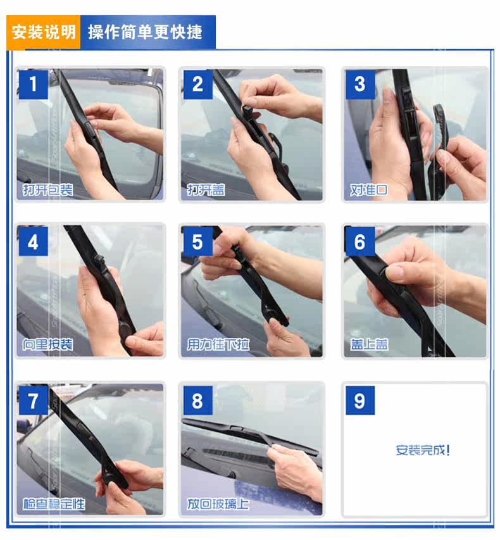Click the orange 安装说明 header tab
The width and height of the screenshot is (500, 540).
[x=44, y=32]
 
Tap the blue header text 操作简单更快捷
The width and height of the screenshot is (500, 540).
[x=145, y=32]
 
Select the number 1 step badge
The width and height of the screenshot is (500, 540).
[x=33, y=84]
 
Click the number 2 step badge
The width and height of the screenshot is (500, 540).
[x=197, y=84]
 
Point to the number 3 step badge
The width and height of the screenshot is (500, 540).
[x=360, y=84]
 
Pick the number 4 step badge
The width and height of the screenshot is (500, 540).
[x=33, y=241]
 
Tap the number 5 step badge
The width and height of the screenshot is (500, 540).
[x=197, y=241]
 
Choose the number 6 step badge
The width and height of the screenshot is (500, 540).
[x=360, y=241]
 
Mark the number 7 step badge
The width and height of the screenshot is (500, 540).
[x=33, y=401]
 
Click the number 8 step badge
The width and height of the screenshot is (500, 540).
[x=197, y=401]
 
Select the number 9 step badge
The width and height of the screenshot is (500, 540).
[x=360, y=401]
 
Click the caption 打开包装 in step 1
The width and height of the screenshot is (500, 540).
[x=47, y=189]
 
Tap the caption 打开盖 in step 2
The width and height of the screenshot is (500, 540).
[x=206, y=189]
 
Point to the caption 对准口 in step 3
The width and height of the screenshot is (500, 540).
[x=369, y=189]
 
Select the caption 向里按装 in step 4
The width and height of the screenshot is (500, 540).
[x=47, y=344]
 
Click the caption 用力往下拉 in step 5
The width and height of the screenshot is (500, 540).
[x=218, y=344]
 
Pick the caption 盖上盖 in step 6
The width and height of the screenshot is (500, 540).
[x=369, y=344]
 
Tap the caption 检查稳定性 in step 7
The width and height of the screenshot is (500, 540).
[x=54, y=504]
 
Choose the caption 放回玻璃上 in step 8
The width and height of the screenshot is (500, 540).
[x=218, y=504]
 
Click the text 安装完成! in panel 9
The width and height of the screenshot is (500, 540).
[x=423, y=449]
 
